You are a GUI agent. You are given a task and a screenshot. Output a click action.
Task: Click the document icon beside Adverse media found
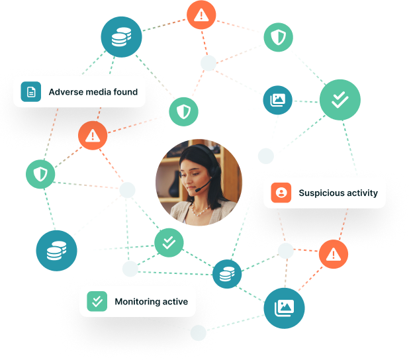31,92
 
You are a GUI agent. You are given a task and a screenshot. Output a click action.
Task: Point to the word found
126,92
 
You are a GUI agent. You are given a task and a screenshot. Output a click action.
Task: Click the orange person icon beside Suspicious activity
281,193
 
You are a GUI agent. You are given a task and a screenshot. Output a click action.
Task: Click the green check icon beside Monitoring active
97,301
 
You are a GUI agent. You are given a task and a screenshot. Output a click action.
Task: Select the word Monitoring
138,302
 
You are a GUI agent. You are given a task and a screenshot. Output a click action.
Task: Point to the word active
175,302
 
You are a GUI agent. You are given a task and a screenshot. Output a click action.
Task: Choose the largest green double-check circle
340,100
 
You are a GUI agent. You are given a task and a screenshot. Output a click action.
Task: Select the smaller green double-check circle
169,243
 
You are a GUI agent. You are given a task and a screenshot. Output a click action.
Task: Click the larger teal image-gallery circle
284,308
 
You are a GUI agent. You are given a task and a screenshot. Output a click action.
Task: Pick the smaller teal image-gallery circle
277,100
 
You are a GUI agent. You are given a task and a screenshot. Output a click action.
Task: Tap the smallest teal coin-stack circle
227,274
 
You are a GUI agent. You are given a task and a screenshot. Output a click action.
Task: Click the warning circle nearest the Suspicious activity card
334,254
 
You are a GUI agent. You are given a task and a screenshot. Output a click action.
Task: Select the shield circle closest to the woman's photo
183,112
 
